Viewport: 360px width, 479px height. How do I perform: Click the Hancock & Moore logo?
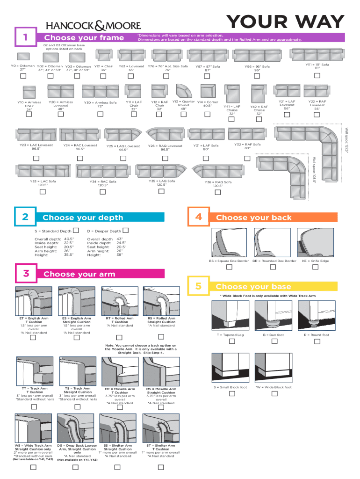point(94,25)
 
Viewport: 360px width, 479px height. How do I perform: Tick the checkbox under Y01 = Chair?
point(103,76)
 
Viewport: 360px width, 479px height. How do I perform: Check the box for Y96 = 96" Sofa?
point(257,76)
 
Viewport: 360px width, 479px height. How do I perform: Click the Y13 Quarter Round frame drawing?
point(184,91)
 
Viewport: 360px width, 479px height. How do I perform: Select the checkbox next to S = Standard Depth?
point(76,230)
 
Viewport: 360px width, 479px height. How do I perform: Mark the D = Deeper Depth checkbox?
point(125,230)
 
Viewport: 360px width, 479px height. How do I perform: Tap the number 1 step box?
point(26,36)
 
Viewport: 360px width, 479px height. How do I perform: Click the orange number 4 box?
point(199,217)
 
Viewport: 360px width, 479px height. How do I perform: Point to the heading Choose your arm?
point(79,274)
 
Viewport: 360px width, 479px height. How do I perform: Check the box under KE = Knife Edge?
point(316,267)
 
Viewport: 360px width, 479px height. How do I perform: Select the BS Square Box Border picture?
point(229,242)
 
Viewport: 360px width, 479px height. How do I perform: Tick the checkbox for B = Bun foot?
point(274,341)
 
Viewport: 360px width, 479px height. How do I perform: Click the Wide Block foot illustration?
point(274,368)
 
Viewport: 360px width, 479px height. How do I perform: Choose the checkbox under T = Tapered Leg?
point(232,341)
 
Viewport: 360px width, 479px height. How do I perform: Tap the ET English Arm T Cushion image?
point(34,301)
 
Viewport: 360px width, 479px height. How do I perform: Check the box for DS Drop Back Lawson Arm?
point(75,467)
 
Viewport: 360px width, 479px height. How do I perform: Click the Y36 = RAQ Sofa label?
point(218,182)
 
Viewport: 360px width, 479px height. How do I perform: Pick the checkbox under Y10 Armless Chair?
point(29,114)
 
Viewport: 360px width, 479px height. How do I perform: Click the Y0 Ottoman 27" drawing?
point(23,57)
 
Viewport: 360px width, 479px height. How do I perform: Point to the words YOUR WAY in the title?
point(286,22)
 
